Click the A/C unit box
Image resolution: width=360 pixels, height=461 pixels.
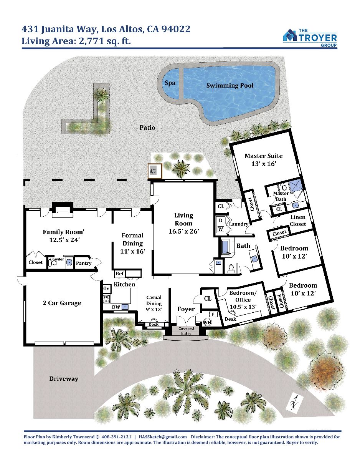coord(155,171)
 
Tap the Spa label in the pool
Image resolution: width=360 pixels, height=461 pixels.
coord(170,83)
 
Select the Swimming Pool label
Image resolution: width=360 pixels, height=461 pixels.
coord(230,86)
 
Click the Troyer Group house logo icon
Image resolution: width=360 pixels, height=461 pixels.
coord(290,35)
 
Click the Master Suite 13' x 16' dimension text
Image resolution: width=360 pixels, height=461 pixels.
coord(264,164)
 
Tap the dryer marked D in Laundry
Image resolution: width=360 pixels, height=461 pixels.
coord(221,221)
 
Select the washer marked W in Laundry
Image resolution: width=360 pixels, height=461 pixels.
coord(221,229)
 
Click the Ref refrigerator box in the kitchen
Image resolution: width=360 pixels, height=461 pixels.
coord(119,274)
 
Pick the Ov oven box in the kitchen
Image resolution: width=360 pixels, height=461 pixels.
coord(106,289)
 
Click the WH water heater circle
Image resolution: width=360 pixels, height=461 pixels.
coord(207,322)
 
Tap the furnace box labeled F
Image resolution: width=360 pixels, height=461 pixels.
coord(213,314)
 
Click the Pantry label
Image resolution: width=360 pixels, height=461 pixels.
coord(84,263)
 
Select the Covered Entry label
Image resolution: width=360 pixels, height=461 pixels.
coord(186,331)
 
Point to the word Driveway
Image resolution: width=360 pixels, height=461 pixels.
coord(64,379)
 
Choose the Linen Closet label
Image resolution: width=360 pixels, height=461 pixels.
coord(298,221)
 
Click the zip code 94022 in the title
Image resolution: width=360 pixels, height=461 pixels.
coord(176,29)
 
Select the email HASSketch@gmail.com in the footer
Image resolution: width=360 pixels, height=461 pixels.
coord(163,437)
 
